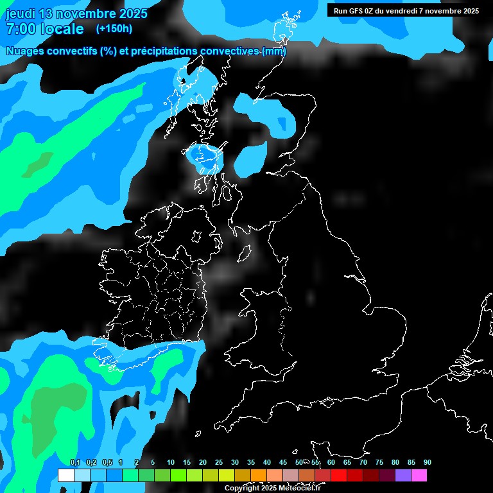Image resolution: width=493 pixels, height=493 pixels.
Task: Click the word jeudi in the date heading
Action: pyautogui.click(x=21, y=13)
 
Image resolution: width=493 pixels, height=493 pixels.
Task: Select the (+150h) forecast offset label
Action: pyautogui.click(x=114, y=28)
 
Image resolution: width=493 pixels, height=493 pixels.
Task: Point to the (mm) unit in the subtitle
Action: pyautogui.click(x=274, y=51)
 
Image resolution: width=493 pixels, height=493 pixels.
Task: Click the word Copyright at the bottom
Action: pyautogui.click(x=241, y=489)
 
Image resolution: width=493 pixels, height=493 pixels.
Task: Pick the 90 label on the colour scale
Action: pyautogui.click(x=427, y=462)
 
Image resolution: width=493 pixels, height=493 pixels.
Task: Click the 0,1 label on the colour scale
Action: pyautogui.click(x=74, y=462)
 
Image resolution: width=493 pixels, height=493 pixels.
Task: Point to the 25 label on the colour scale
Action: pyautogui.click(x=218, y=462)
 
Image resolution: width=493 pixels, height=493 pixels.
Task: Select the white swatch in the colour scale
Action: pyautogui.click(x=65, y=475)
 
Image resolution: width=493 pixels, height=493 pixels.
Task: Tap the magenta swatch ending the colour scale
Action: pyautogui.click(x=419, y=475)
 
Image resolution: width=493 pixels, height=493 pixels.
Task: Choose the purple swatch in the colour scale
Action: pyautogui.click(x=402, y=475)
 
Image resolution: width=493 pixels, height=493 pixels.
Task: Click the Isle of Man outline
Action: pyautogui.click(x=244, y=254)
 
